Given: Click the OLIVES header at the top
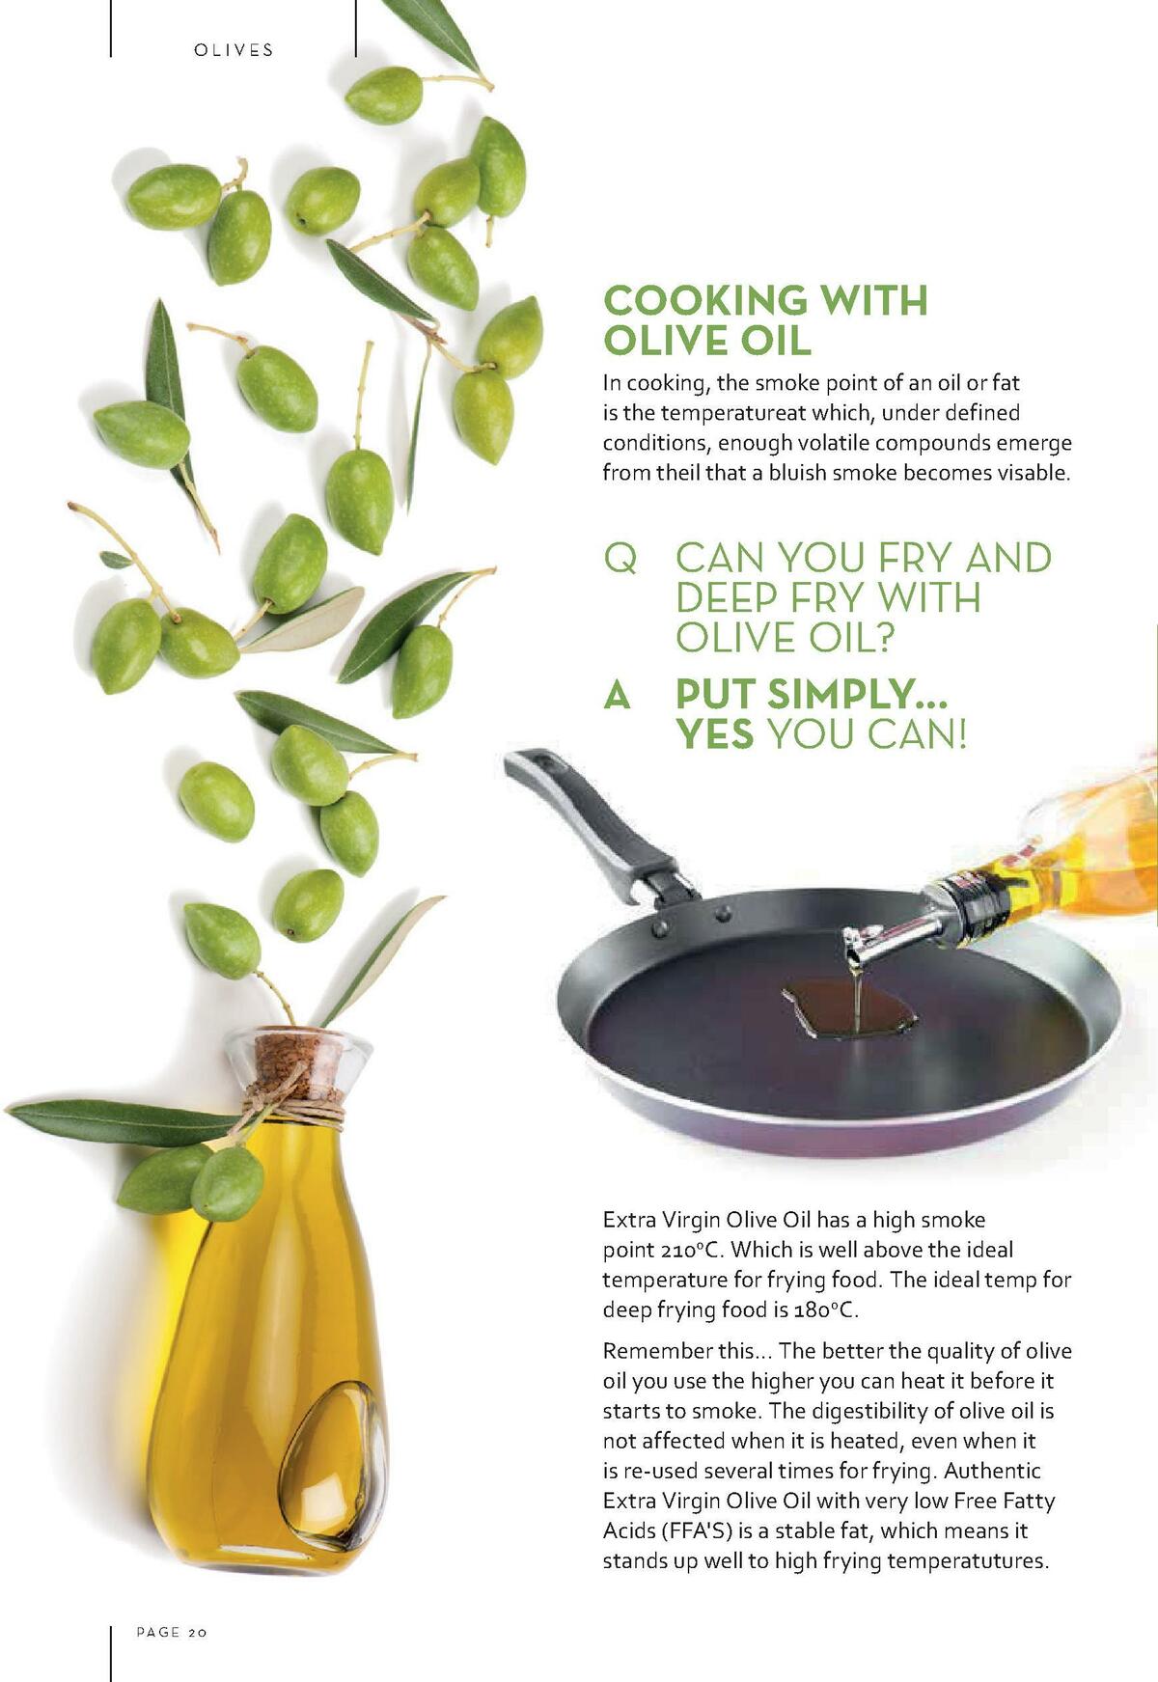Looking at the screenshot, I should click(234, 50).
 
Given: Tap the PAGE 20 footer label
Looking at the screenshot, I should click(172, 1632).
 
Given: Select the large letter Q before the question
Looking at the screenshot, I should click(620, 559).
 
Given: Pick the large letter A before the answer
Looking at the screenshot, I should click(617, 695).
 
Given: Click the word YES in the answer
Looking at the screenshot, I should click(714, 735).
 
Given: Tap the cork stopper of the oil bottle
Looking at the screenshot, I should click(296, 1061).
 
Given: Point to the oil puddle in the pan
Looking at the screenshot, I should click(849, 1013).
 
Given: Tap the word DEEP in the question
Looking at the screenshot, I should click(726, 598).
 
